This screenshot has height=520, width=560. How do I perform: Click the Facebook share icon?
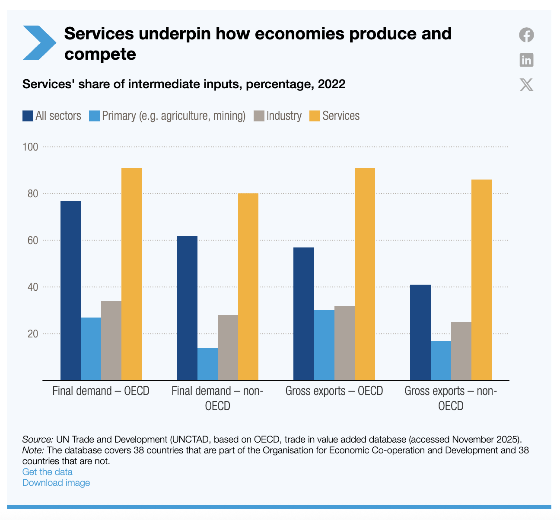(x=526, y=35)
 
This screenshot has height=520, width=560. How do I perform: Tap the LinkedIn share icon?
(x=526, y=60)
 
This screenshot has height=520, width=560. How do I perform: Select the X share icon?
(x=526, y=84)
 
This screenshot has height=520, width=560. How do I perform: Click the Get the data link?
(x=48, y=472)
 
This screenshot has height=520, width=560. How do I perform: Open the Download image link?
(x=56, y=482)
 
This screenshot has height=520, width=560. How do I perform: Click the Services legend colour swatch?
(x=315, y=116)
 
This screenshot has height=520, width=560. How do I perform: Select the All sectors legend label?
(x=58, y=116)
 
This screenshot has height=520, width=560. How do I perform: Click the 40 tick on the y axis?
(x=33, y=287)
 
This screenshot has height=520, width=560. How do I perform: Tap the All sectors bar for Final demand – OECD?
(x=70, y=290)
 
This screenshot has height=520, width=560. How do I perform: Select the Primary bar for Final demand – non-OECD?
(x=207, y=364)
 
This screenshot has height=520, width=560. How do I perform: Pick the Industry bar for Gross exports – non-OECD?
(x=461, y=351)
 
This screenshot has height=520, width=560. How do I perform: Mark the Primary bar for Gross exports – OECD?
(x=324, y=345)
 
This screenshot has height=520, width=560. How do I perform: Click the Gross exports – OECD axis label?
(x=334, y=391)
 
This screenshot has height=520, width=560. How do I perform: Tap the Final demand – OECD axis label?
(x=101, y=391)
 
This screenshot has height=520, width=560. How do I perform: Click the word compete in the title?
(x=100, y=54)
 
